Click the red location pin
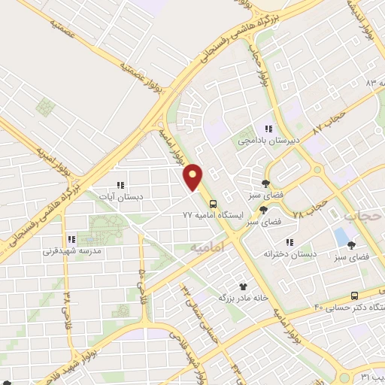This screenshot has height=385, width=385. [194, 178]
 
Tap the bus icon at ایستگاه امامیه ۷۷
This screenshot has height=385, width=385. [214, 203]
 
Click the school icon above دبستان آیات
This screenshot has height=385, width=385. [118, 184]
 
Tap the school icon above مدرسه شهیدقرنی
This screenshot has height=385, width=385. [72, 240]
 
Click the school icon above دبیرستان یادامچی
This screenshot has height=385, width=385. [268, 129]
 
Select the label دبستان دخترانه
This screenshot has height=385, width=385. [290, 253]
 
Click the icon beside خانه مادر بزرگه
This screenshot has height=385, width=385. [242, 286]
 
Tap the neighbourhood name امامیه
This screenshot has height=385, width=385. [208, 246]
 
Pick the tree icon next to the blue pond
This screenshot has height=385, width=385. [351, 244]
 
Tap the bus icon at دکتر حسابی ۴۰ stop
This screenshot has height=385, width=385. [354, 296]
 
